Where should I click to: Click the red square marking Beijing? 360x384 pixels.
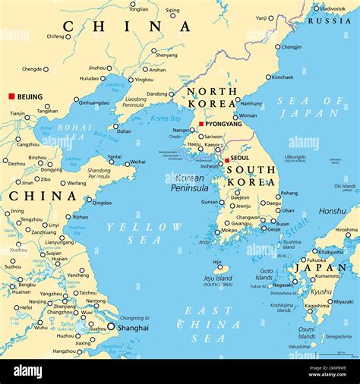click(x=11, y=96)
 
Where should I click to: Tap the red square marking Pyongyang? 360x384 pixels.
click(x=201, y=124)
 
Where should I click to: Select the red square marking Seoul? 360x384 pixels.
click(x=227, y=160)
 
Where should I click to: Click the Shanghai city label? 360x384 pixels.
click(x=133, y=328)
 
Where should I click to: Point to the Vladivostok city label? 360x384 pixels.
click(x=332, y=8)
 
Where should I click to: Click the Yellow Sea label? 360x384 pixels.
click(x=144, y=233)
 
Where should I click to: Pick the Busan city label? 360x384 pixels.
click(x=283, y=224)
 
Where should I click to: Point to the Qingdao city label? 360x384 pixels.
click(x=103, y=203)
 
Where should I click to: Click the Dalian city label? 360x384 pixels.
click(x=123, y=131)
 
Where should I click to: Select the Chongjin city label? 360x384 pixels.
click(x=292, y=47)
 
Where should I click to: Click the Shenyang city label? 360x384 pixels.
click(x=166, y=55)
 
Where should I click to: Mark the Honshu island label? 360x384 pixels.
click(x=332, y=211)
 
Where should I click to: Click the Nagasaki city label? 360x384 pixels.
click(x=283, y=285)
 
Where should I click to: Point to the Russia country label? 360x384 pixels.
click(x=334, y=20)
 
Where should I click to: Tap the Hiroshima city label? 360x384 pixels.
click(x=346, y=229)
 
